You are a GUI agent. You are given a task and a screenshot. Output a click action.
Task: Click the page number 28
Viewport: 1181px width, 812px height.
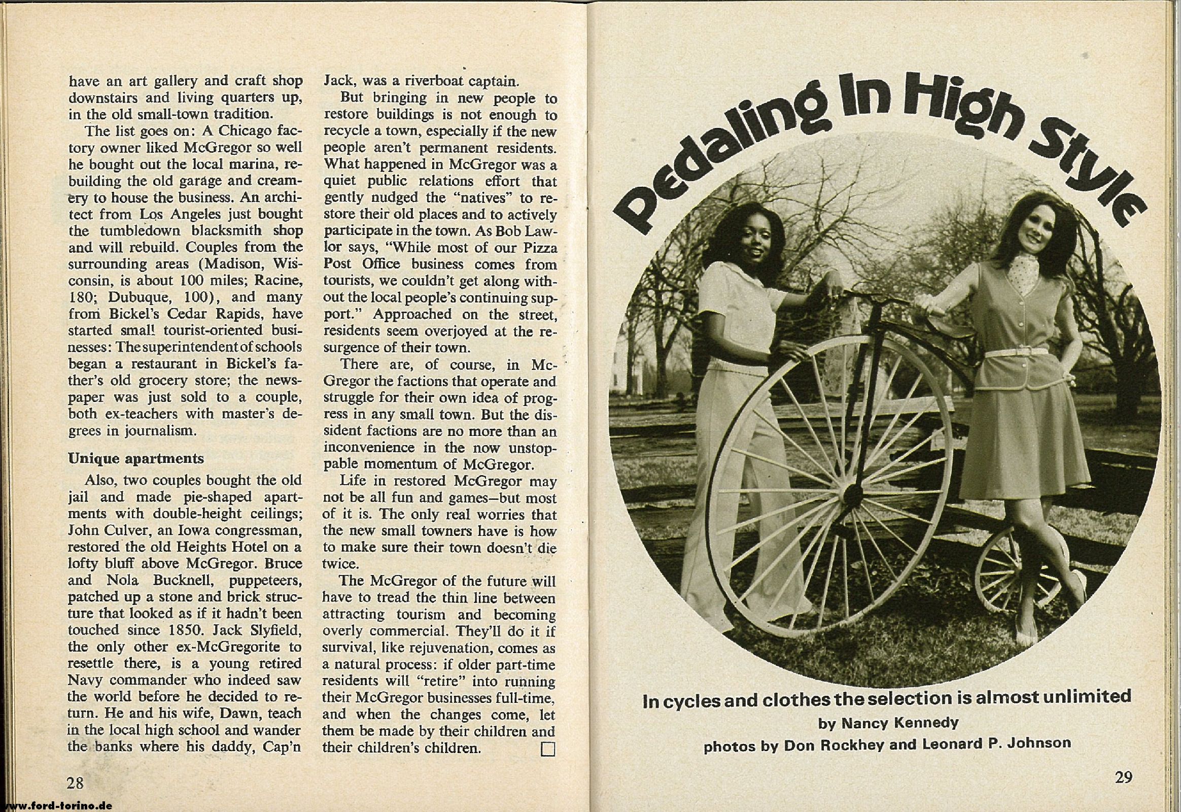[x=75, y=782]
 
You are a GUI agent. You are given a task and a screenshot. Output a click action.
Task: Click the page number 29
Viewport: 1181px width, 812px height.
[x=1124, y=777]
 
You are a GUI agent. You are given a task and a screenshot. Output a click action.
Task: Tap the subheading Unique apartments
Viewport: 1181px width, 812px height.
[x=136, y=458]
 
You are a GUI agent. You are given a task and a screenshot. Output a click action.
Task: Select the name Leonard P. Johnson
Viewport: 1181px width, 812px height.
[x=990, y=743]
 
